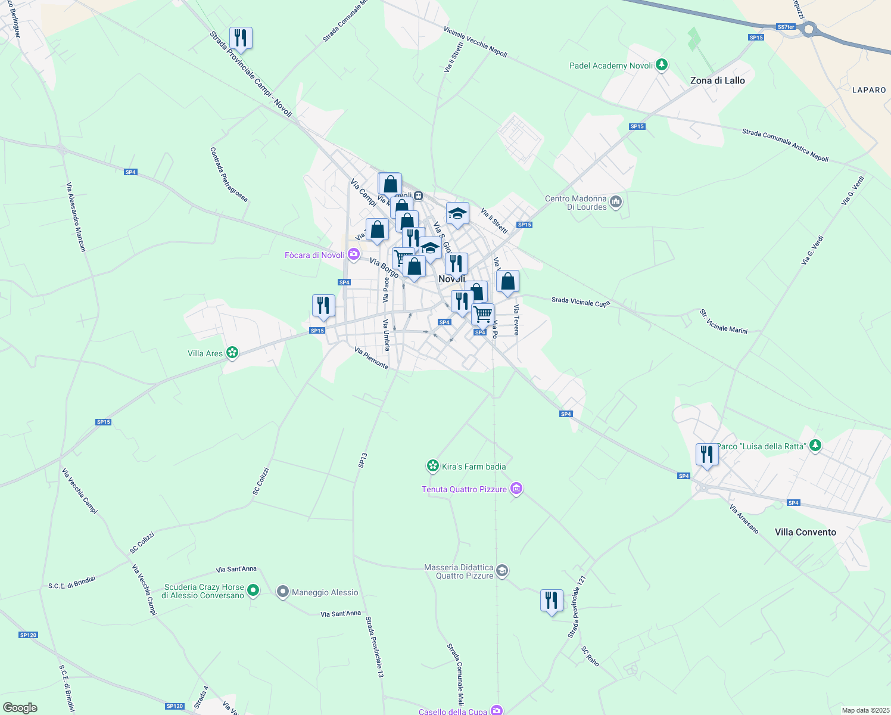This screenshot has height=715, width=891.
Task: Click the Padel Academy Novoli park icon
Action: (x=662, y=65)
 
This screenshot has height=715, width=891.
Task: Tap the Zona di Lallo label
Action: (x=717, y=80)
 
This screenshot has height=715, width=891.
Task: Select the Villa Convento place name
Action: (x=805, y=532)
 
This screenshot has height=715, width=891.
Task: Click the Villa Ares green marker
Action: (x=232, y=353)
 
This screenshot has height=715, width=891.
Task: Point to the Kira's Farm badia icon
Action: (x=433, y=466)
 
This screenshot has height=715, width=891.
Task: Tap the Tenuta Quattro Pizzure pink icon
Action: (x=516, y=489)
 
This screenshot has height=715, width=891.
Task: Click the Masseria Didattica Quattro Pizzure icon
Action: (x=502, y=571)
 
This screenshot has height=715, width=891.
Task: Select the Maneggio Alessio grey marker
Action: (x=283, y=592)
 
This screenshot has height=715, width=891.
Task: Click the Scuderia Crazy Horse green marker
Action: (x=253, y=590)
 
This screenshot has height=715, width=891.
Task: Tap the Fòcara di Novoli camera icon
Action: (x=354, y=255)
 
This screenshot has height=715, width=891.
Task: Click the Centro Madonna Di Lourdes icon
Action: (x=616, y=203)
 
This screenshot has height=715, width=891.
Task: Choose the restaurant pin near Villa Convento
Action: (x=707, y=455)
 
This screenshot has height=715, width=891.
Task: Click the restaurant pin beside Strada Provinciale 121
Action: (x=552, y=601)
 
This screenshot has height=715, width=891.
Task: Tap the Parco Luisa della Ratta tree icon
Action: (x=815, y=446)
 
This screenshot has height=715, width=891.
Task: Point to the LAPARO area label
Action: (x=869, y=90)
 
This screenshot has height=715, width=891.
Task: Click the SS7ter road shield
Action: (x=786, y=27)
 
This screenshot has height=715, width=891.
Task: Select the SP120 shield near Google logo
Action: (x=175, y=706)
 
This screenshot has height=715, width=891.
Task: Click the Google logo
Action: (x=20, y=708)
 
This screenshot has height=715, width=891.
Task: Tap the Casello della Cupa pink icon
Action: (x=497, y=710)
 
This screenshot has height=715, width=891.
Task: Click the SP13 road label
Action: (x=363, y=460)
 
